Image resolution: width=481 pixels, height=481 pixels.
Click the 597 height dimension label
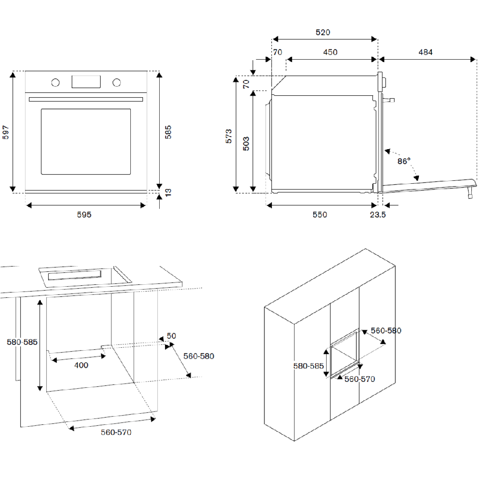(6, 132)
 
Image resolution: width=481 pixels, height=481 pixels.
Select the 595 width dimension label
(84, 215)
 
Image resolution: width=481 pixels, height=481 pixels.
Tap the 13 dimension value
(168, 192)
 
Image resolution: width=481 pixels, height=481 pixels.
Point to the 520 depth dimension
(323, 32)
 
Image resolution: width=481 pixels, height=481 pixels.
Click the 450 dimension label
(330, 52)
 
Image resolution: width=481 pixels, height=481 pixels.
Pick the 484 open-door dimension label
(425, 52)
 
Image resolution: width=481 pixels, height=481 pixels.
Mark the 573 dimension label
(229, 136)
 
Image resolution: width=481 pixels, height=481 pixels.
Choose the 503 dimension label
(246, 144)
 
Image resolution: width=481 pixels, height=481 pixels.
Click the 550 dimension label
(319, 215)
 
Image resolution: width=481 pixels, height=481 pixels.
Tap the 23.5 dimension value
(378, 215)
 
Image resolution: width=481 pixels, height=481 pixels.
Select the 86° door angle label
(404, 161)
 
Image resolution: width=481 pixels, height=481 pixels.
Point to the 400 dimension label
(81, 365)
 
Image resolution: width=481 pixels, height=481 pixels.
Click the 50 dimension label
(171, 336)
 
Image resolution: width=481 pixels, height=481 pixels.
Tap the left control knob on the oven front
(55, 82)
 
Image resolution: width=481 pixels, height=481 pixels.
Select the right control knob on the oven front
(116, 82)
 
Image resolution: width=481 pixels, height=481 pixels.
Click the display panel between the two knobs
(86, 82)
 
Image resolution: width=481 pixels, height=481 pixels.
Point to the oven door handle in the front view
(86, 100)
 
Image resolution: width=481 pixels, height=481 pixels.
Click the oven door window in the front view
(86, 141)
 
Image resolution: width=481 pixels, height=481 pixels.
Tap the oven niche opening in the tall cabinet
(343, 353)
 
